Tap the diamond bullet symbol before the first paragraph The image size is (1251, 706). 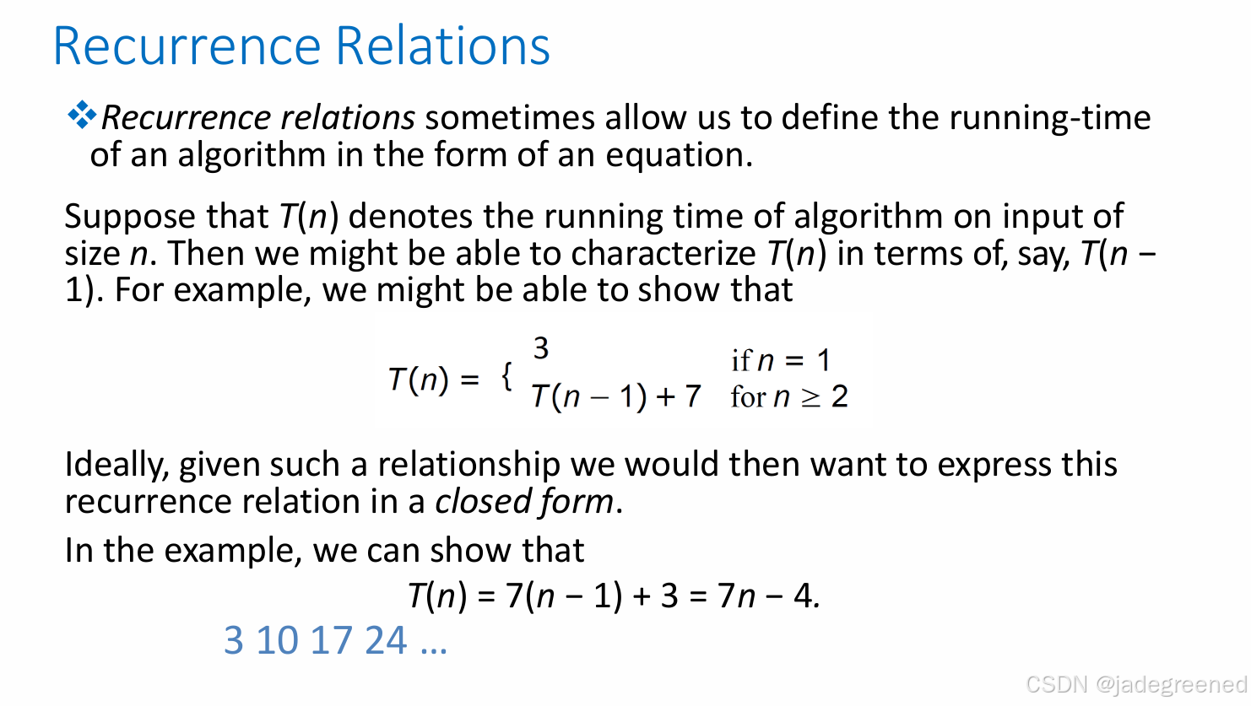tap(81, 116)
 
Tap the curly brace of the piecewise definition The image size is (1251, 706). tap(506, 376)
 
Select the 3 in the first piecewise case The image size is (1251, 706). tap(541, 348)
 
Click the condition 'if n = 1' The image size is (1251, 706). tap(781, 361)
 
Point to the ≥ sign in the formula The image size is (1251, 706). tap(810, 397)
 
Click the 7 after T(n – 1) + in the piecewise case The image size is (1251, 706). tap(692, 396)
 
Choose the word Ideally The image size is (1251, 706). tap(116, 466)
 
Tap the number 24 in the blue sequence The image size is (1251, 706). tap(386, 640)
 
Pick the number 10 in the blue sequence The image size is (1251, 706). tap(277, 640)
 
